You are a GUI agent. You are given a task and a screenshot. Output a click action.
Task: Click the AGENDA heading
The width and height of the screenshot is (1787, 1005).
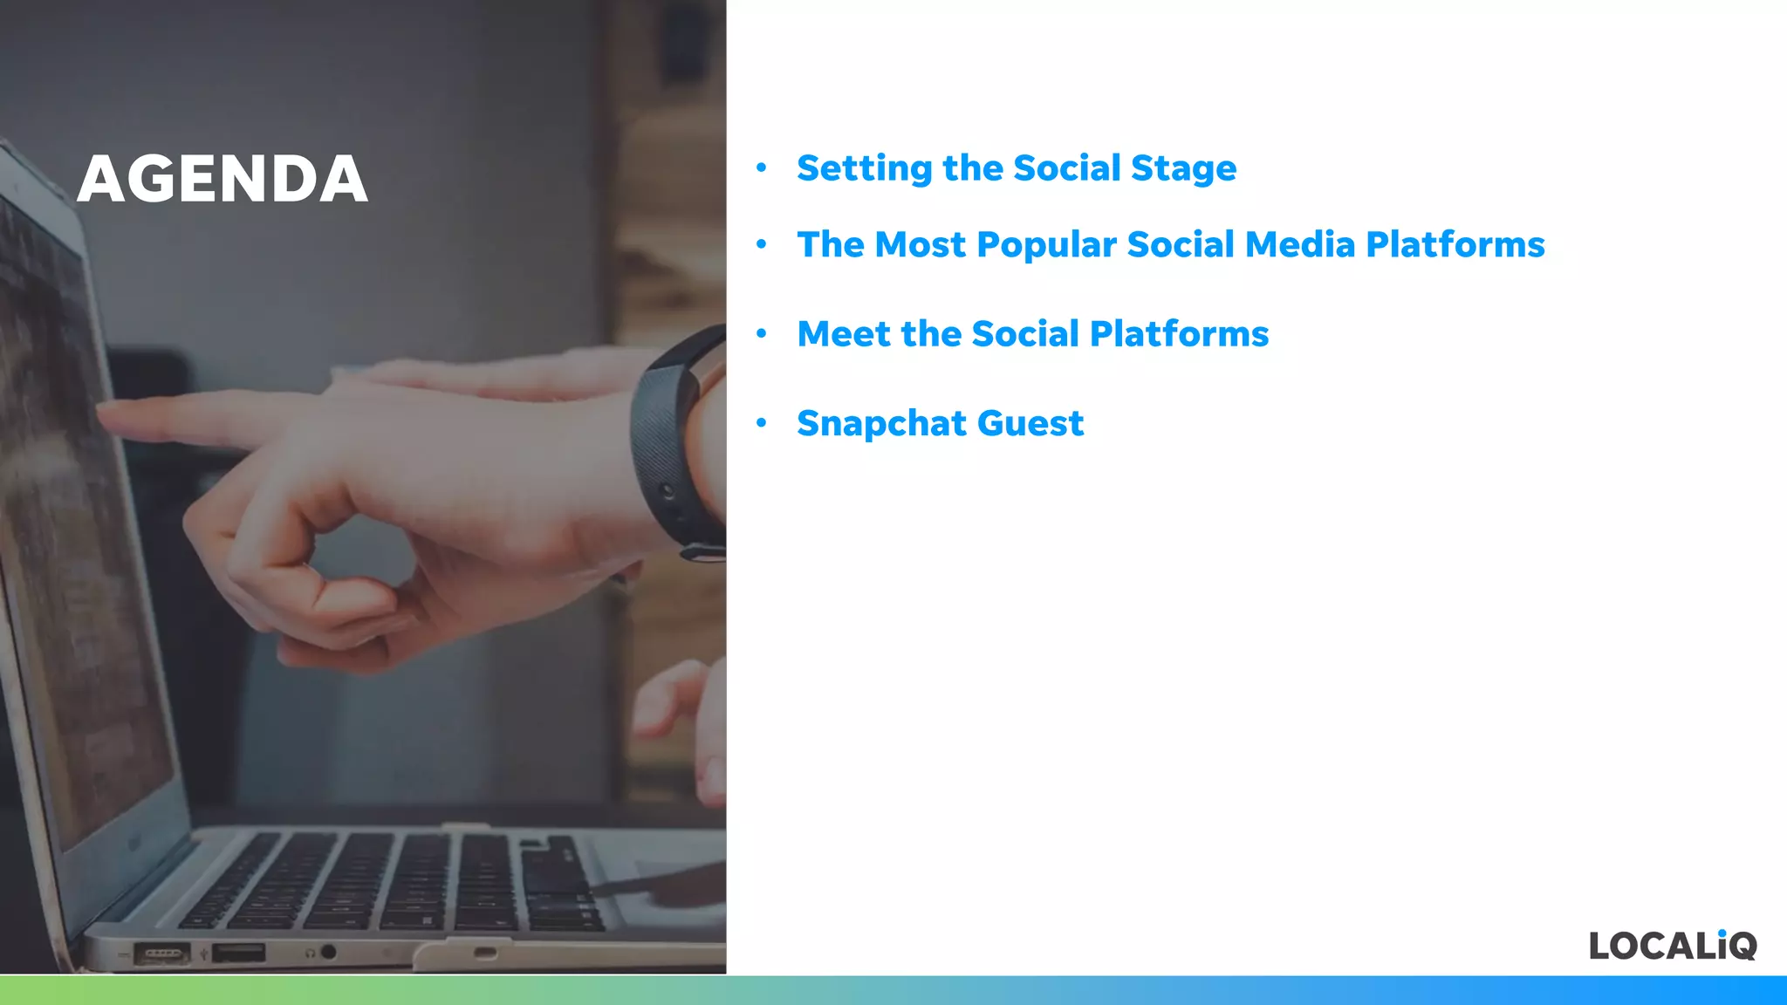click(x=223, y=179)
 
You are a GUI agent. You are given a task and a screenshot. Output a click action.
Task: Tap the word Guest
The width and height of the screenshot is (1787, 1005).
click(x=1030, y=424)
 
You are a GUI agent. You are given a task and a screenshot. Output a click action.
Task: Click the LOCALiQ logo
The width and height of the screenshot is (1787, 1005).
click(x=1672, y=946)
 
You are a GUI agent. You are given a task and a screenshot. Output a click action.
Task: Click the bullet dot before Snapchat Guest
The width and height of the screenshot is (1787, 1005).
click(x=762, y=423)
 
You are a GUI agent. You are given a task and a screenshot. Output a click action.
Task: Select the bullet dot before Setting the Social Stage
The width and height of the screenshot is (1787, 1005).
click(x=762, y=167)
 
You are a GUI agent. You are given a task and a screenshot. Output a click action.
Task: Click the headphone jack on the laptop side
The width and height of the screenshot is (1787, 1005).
click(x=328, y=952)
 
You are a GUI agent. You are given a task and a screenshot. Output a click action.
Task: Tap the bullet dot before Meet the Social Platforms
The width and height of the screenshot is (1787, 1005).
click(x=762, y=333)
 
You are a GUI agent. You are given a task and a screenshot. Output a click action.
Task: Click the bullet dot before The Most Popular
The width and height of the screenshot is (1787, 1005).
click(x=762, y=244)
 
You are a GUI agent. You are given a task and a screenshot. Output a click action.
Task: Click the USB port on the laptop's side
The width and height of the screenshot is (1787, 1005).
click(x=238, y=952)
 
